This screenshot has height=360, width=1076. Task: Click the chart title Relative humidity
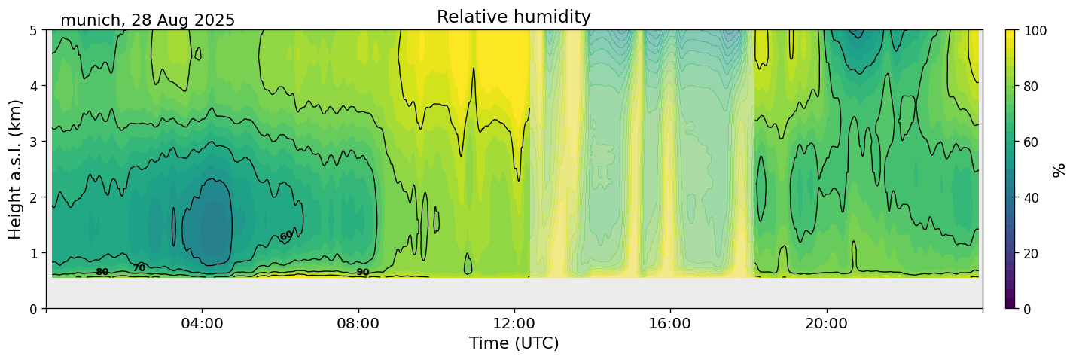click(x=514, y=17)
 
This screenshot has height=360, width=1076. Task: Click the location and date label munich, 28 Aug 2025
click(x=148, y=20)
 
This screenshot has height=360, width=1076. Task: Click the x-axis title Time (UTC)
click(x=514, y=344)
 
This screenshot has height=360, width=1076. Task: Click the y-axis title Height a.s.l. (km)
click(x=16, y=169)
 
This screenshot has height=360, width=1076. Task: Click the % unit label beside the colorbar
click(x=1059, y=169)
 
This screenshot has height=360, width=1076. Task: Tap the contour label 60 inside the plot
click(x=286, y=236)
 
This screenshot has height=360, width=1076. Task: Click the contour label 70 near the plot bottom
click(x=139, y=267)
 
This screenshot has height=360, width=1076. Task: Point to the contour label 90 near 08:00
click(x=363, y=272)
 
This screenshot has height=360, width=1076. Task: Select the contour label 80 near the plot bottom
click(x=102, y=272)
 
